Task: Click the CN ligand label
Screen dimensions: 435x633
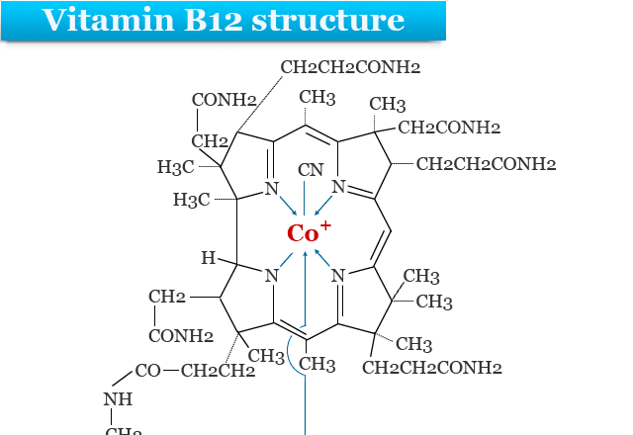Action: (310, 170)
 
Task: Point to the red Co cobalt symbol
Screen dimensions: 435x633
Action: (299, 234)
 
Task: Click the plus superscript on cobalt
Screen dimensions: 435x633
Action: (325, 225)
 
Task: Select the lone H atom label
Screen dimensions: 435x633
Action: (208, 258)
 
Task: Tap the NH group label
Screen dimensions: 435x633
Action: (118, 399)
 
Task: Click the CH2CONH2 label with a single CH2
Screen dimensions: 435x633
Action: (449, 128)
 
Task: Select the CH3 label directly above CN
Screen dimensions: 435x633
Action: (317, 98)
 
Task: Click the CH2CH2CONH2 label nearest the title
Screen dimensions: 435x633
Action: (351, 68)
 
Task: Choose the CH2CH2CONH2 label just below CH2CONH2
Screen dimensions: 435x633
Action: (486, 163)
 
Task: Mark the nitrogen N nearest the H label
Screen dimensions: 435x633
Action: (270, 276)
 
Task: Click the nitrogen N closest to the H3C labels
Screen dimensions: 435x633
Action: (270, 188)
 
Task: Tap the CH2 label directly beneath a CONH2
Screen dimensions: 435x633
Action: (210, 141)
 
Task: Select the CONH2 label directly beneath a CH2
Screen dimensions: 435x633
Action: (181, 336)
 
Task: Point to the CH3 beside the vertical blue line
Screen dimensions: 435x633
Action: (317, 365)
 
